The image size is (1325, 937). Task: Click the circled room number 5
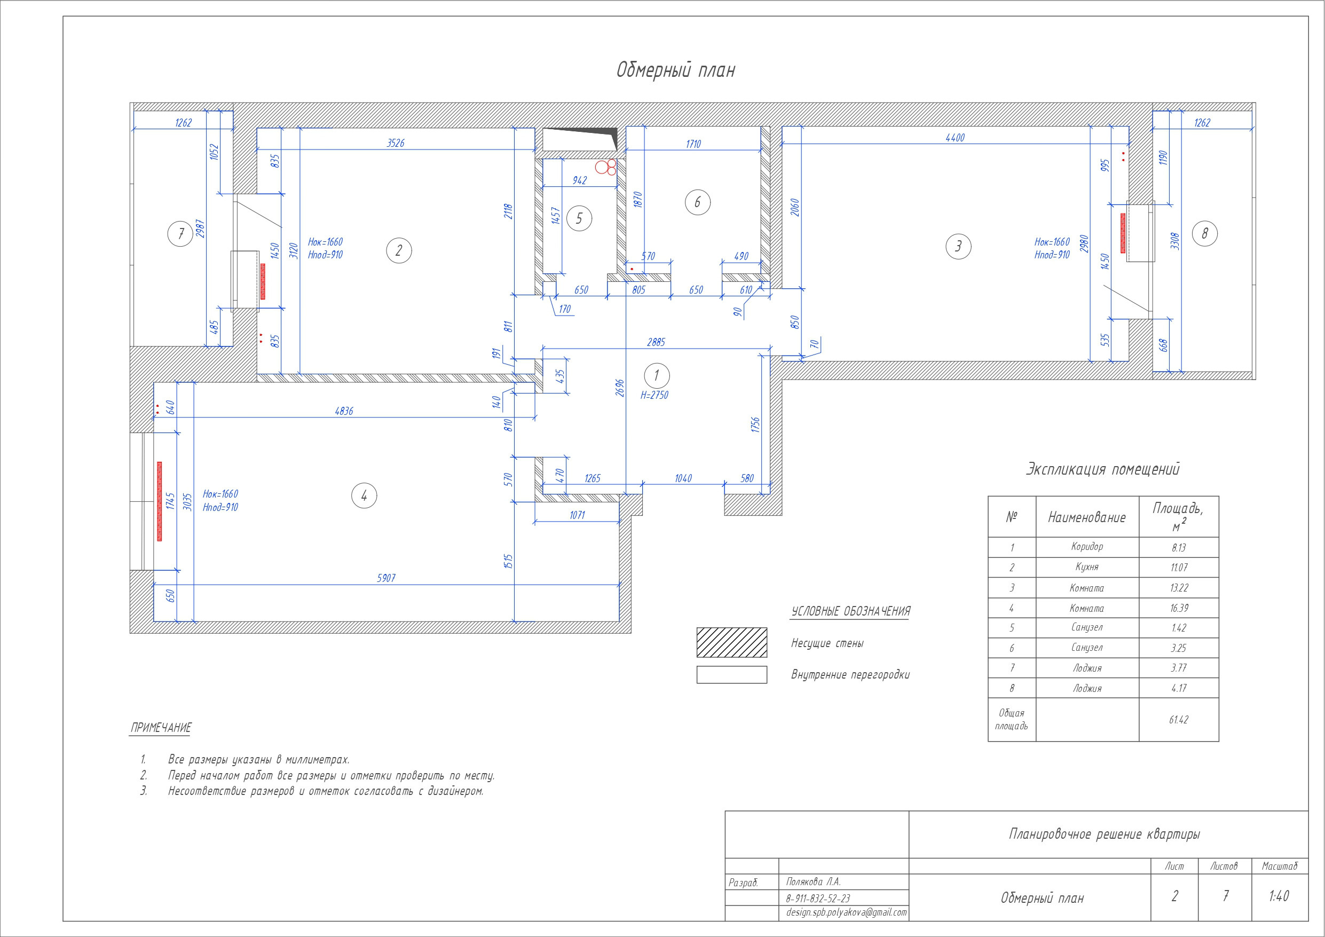click(579, 218)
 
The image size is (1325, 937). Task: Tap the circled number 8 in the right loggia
click(1204, 234)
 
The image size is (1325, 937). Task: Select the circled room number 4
click(364, 496)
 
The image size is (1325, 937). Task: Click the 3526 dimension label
click(395, 143)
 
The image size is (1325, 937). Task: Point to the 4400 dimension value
click(955, 137)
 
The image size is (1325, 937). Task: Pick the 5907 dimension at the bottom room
click(386, 578)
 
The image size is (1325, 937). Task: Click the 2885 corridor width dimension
click(656, 342)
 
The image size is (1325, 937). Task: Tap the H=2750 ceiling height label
click(654, 396)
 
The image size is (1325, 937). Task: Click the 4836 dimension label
click(344, 411)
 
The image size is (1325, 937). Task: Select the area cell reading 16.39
click(1178, 608)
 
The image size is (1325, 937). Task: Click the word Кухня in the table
click(1087, 567)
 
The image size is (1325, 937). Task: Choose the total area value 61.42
click(1178, 719)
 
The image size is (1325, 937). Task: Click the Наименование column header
click(1087, 517)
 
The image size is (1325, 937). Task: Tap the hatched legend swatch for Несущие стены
click(732, 643)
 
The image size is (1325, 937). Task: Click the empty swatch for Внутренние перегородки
click(732, 674)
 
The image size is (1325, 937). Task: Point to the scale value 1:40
click(1279, 896)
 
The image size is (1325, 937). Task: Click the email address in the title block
click(846, 912)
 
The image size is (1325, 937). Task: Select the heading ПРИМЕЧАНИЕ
click(161, 727)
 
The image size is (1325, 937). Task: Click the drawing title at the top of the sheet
click(676, 70)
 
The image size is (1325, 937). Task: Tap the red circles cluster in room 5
click(606, 167)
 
